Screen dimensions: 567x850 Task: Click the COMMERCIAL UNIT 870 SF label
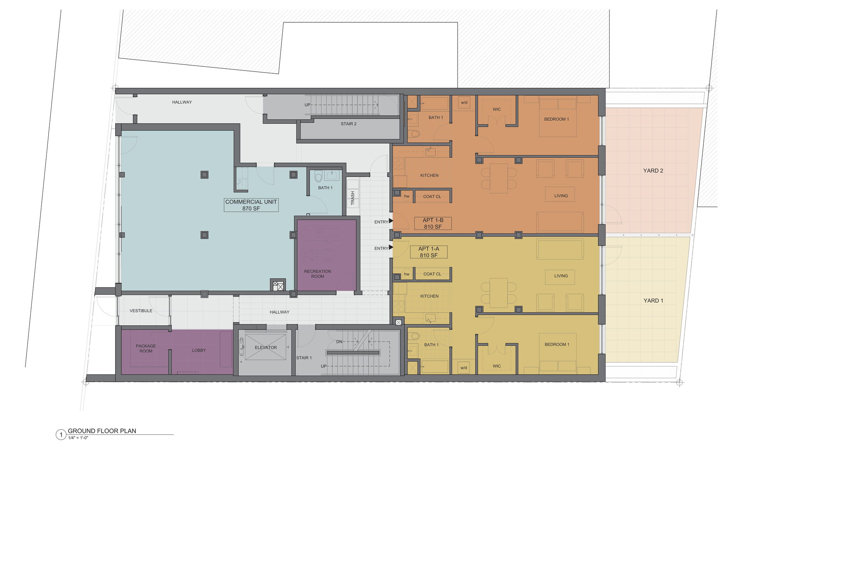point(251,205)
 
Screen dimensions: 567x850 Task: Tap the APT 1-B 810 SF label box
point(432,224)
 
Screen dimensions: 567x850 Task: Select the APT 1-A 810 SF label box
point(429,252)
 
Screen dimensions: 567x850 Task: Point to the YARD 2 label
point(653,171)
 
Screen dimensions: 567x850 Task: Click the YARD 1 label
point(653,301)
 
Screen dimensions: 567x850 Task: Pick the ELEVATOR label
point(266,348)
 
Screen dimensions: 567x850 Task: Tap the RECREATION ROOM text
point(317,274)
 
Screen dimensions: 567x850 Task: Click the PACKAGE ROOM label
point(146,348)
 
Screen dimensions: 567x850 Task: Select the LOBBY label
point(199,350)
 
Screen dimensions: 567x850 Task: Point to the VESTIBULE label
point(141,311)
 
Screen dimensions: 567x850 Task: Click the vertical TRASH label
point(353,198)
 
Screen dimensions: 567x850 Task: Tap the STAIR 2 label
point(348,124)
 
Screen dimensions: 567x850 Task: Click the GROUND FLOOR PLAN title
point(102,431)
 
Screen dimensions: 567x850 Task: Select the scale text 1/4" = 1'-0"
point(78,438)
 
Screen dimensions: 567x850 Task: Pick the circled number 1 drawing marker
point(61,434)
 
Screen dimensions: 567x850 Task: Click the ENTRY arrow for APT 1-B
point(391,221)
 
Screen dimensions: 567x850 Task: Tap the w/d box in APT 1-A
point(464,368)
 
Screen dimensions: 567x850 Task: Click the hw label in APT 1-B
point(407,196)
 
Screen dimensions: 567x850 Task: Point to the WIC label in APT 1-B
point(497,109)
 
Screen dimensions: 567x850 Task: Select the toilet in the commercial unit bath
point(318,177)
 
